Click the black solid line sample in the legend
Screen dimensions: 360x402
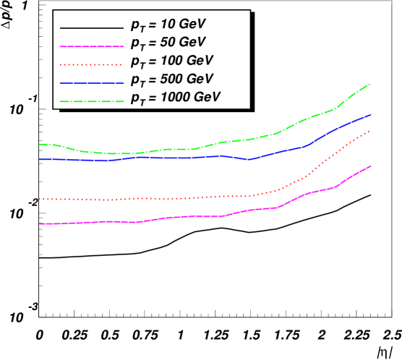pyautogui.click(x=92, y=27)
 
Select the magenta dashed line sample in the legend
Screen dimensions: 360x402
pyautogui.click(x=92, y=45)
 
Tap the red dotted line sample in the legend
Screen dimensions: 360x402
pyautogui.click(x=92, y=63)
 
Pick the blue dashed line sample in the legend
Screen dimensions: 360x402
pyautogui.click(x=92, y=80)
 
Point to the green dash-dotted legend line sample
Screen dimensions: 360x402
pyautogui.click(x=92, y=97)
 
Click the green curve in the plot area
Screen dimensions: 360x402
pyautogui.click(x=217, y=143)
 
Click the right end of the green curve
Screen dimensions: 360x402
pyautogui.click(x=371, y=84)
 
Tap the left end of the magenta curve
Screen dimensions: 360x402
pyautogui.click(x=39, y=224)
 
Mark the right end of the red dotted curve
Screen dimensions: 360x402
pyautogui.click(x=371, y=130)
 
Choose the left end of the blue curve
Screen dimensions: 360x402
pyautogui.click(x=39, y=159)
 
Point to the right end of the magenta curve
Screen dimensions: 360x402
pyautogui.click(x=371, y=166)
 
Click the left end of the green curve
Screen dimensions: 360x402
pyautogui.click(x=39, y=145)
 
